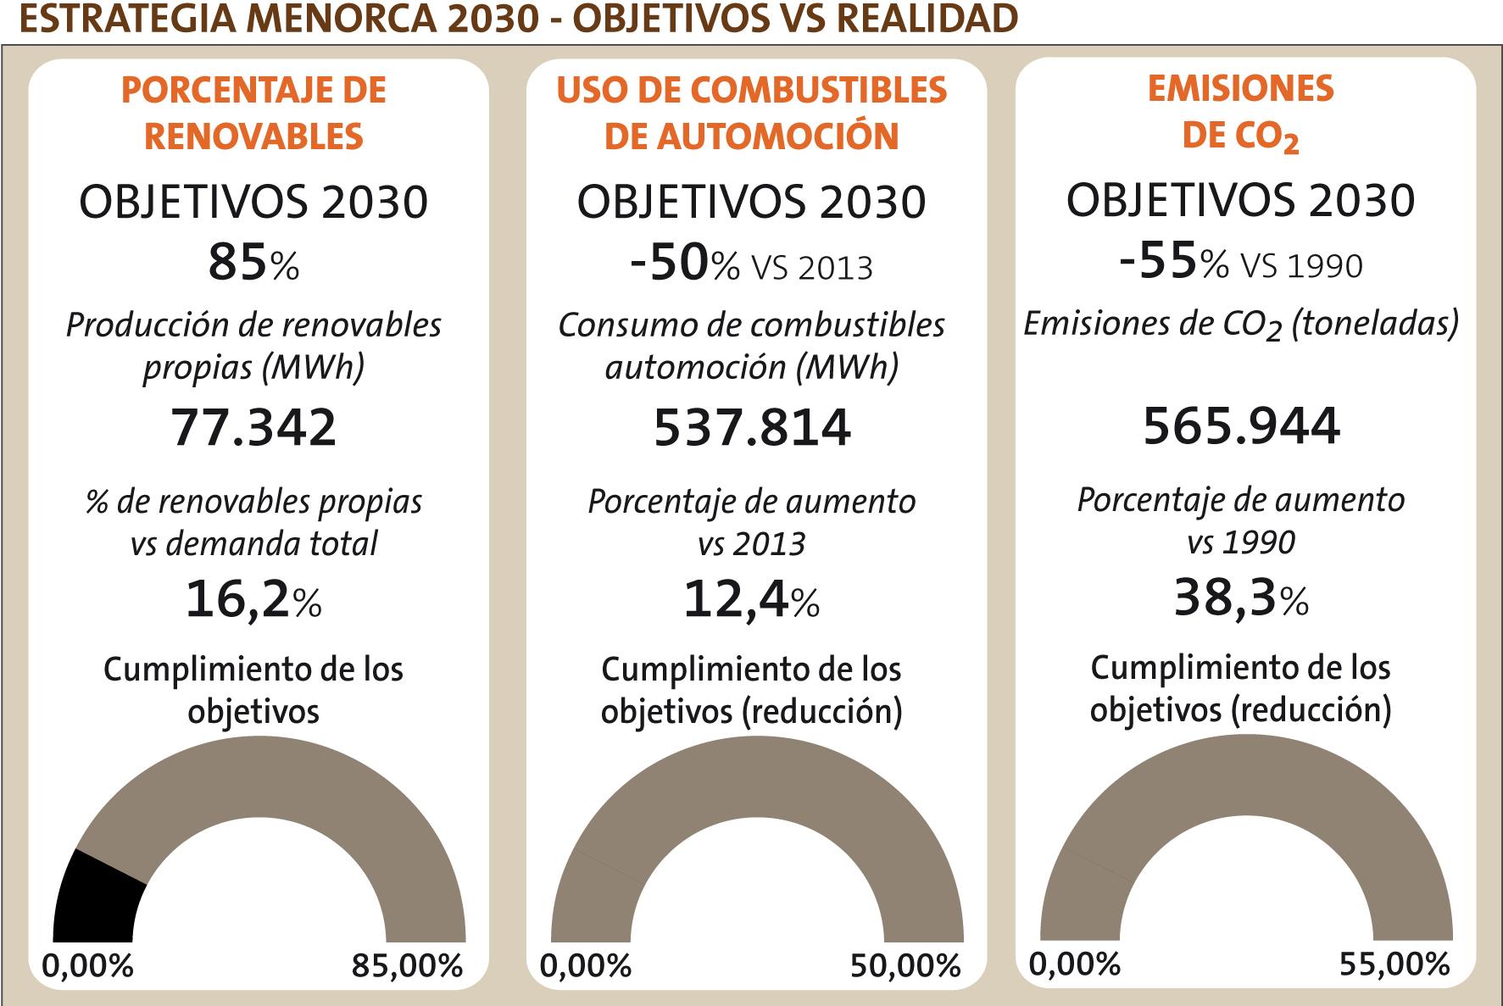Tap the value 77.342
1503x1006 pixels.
point(254,427)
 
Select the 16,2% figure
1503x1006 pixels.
point(253,599)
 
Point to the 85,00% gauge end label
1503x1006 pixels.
point(408,966)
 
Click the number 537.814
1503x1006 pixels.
point(752,427)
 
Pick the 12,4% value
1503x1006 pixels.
point(751,599)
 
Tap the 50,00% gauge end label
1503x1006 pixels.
point(905,966)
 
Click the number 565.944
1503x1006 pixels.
point(1241,425)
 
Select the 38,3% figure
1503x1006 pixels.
point(1241,597)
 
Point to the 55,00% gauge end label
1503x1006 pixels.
point(1394,964)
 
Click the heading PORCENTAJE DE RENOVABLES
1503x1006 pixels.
point(254,113)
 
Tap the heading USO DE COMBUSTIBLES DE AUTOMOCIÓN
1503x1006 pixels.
point(752,113)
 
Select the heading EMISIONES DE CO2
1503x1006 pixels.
point(1241,113)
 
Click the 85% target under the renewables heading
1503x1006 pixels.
point(253,264)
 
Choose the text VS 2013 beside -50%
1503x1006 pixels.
point(812,268)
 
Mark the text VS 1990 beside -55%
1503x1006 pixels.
point(1302,266)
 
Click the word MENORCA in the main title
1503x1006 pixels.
point(338,19)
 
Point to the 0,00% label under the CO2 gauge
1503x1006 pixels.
point(1075,964)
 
